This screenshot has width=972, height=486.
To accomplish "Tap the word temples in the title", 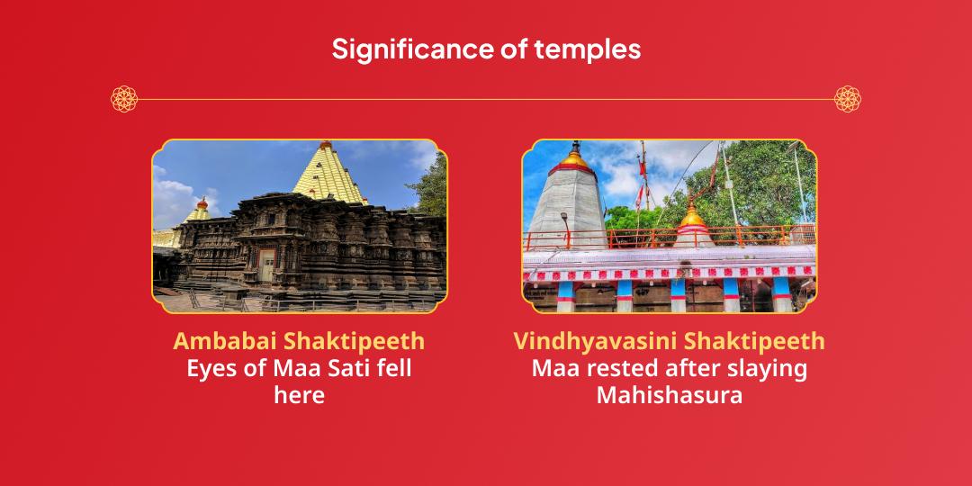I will point(595,49).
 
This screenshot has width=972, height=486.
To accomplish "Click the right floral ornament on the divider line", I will point(847,99).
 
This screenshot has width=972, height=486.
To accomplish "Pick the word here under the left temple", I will point(299,394).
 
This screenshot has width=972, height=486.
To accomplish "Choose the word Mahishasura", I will point(669,394).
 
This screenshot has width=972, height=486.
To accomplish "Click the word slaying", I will point(773,368).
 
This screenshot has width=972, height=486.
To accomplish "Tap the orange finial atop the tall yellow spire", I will point(325,145).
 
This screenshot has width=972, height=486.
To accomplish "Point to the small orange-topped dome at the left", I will point(202,206).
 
